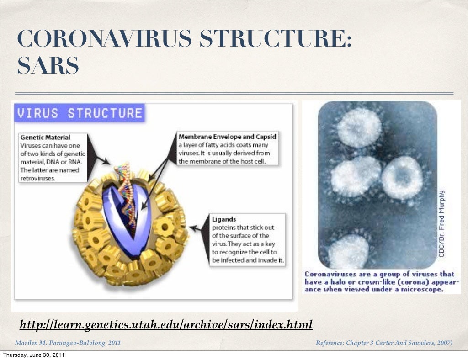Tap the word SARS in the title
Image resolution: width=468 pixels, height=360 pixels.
(48, 66)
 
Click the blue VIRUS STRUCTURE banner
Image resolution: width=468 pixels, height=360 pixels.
(79, 113)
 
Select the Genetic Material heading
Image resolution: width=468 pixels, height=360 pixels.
(45, 137)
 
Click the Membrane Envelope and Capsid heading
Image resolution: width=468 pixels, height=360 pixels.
(227, 137)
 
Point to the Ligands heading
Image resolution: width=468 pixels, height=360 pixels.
(223, 219)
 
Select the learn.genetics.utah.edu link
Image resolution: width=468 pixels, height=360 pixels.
(166, 325)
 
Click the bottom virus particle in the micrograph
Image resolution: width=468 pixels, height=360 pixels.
(348, 251)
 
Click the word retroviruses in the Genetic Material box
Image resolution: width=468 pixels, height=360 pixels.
(38, 178)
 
